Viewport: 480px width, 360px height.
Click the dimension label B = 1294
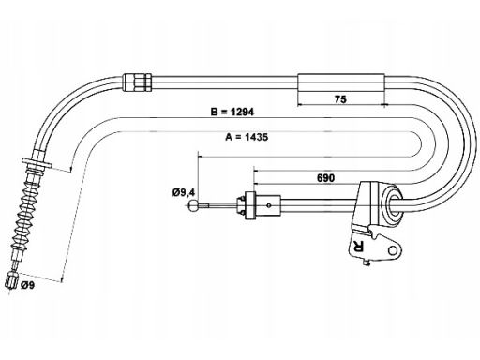232,112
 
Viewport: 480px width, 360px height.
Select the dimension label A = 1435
247,137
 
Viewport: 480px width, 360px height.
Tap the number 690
325,178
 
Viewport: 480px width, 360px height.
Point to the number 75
340,99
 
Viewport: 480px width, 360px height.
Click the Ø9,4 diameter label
184,192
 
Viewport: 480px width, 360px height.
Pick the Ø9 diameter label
27,285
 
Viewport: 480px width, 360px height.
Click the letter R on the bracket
358,247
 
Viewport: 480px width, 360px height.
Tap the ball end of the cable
194,206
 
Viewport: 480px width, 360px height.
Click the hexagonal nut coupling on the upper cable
138,82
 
